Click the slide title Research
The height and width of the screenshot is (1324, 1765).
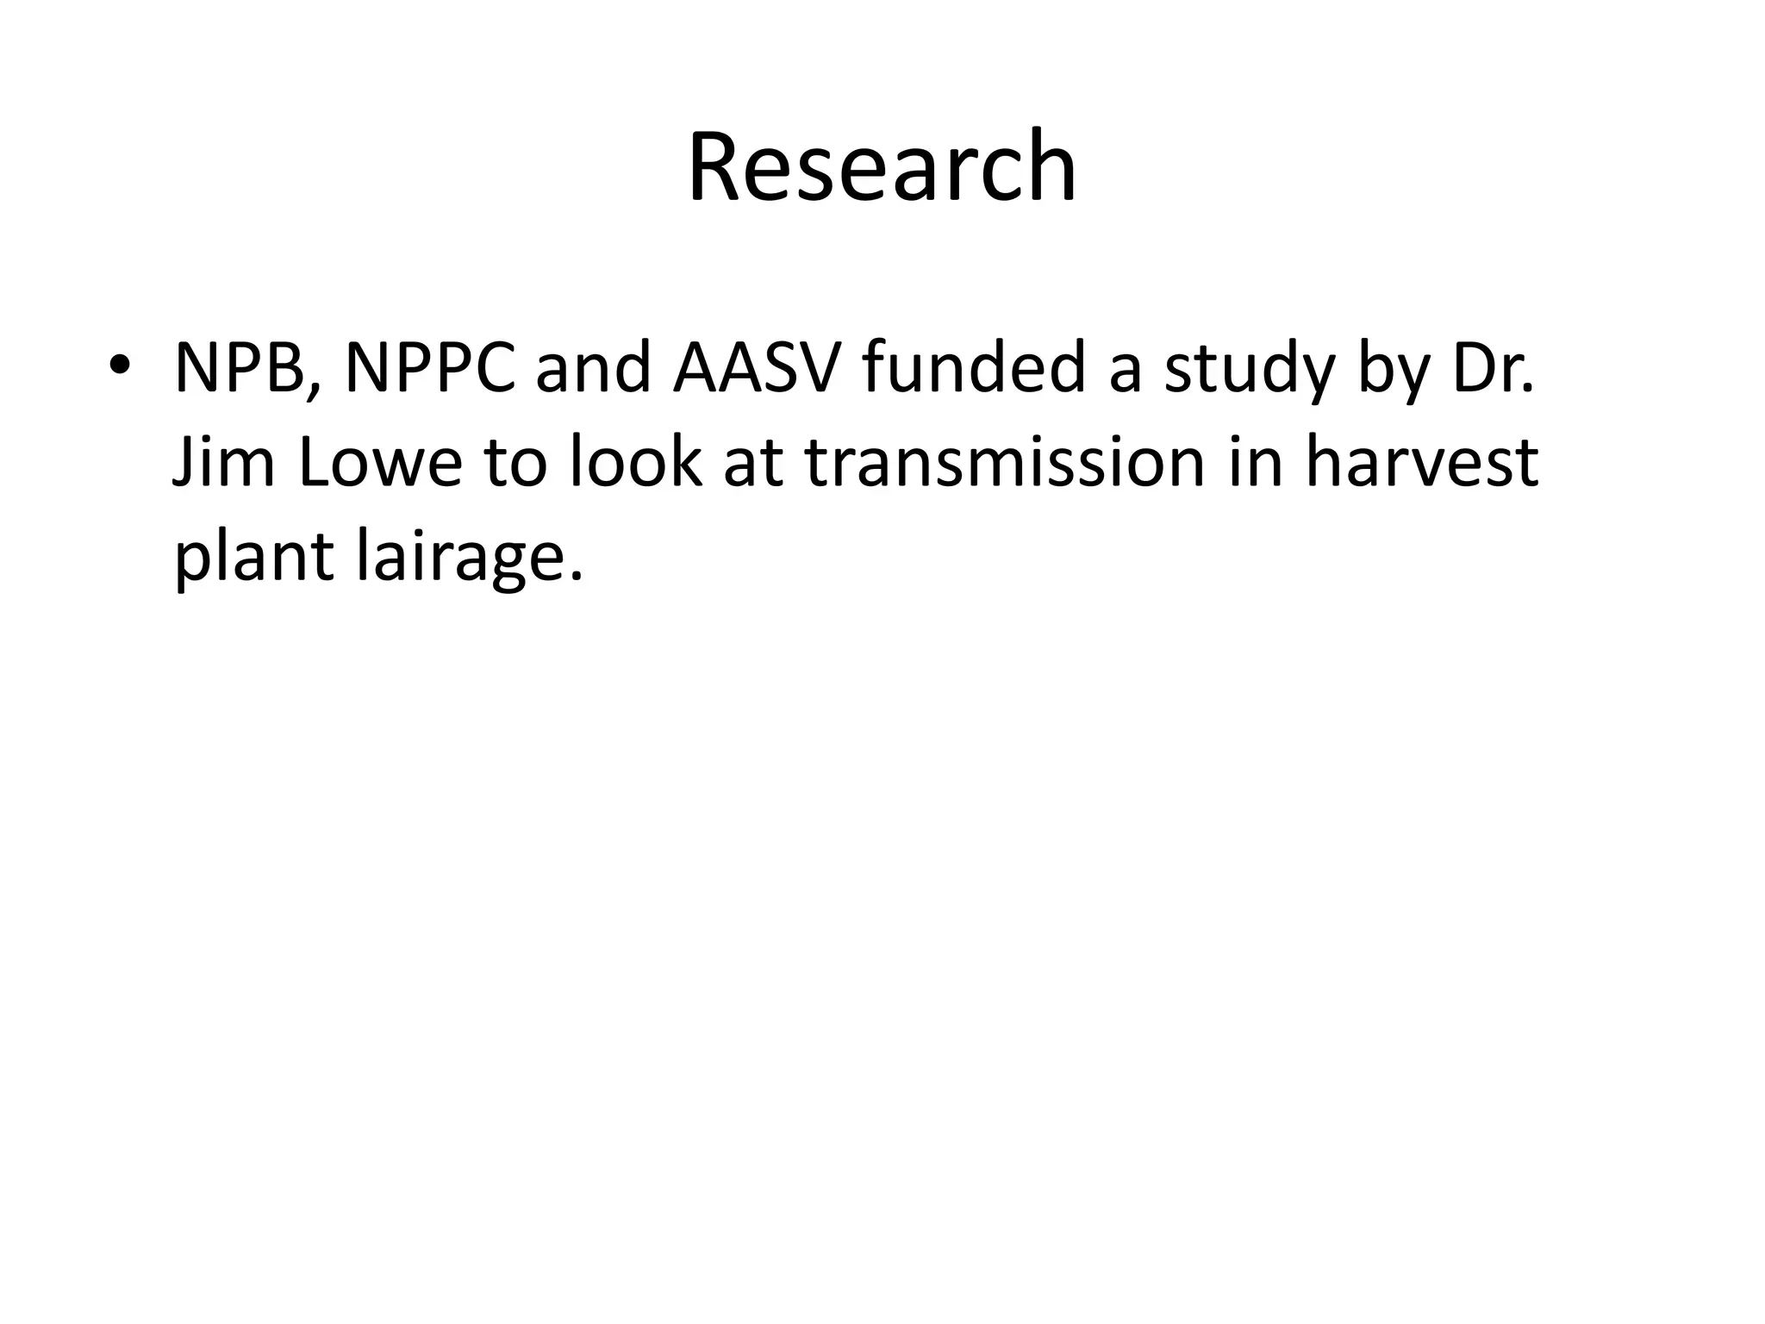point(882,166)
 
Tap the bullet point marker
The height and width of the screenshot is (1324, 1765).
point(119,365)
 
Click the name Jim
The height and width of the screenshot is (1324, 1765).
point(224,462)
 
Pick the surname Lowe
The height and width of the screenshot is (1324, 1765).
point(380,462)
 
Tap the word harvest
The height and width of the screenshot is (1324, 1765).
point(1421,462)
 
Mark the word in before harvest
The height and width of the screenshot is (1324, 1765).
point(1254,462)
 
